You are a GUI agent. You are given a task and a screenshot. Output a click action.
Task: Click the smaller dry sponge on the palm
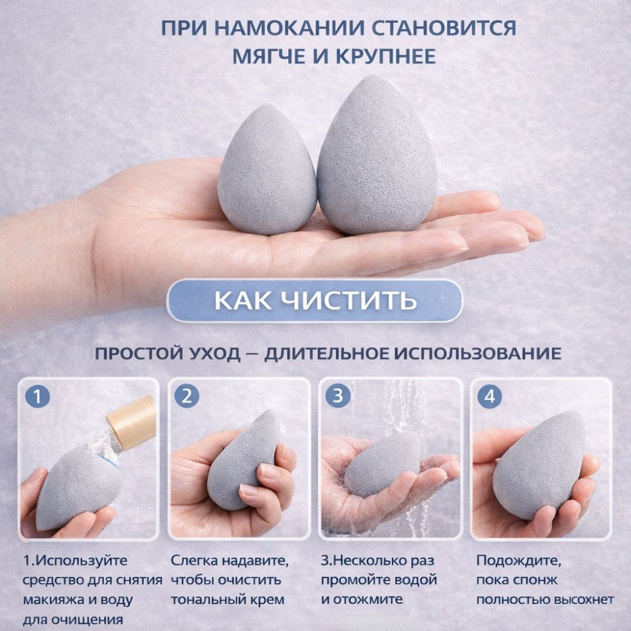coord(266,169)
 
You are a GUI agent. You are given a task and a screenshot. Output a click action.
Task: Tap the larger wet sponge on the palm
coord(377,155)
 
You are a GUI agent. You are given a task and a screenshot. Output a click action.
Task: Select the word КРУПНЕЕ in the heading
coord(386,56)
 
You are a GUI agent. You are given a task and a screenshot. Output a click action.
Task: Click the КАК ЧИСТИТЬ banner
coord(314,300)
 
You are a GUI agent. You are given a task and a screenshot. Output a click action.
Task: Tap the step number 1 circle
coord(38,396)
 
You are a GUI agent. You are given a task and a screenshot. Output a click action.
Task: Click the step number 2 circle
coord(187,396)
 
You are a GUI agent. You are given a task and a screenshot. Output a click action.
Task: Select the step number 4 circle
coord(490,396)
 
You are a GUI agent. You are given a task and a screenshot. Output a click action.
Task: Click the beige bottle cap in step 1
coord(132,423)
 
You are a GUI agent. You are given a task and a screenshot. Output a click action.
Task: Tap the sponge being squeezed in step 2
coord(244,459)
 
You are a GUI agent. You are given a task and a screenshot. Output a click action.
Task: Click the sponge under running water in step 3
coord(382,464)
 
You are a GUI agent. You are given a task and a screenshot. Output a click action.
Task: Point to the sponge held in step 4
coord(538,465)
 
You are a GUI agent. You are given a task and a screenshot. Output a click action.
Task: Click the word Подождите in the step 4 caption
coord(518,561)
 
